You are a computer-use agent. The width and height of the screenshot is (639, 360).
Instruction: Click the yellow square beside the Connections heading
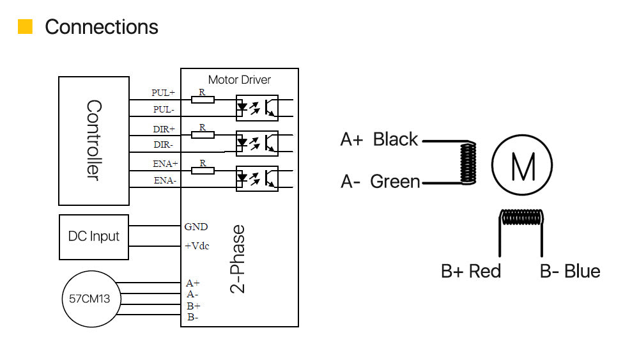tap(26, 26)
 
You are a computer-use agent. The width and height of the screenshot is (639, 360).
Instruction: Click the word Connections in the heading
tap(102, 27)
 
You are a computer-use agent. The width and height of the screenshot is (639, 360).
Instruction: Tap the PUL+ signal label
tap(163, 93)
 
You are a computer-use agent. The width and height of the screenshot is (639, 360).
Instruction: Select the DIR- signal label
tap(163, 145)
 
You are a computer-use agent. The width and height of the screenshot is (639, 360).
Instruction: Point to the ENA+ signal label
tap(165, 164)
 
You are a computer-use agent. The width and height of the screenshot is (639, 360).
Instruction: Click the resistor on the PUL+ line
tap(203, 100)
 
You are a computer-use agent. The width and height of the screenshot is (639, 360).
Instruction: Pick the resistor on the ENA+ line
tap(203, 171)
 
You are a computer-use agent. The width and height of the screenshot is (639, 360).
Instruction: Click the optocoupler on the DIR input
tap(257, 143)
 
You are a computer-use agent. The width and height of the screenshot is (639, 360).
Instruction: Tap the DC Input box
tap(94, 237)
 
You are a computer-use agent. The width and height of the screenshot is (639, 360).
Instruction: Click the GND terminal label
tap(196, 227)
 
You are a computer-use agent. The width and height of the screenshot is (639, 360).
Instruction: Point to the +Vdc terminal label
tap(197, 246)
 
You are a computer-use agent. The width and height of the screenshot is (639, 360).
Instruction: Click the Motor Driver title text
tap(239, 80)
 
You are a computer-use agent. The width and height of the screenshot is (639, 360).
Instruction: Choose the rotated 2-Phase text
tap(238, 259)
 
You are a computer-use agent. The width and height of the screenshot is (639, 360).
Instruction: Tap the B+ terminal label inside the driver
tap(194, 306)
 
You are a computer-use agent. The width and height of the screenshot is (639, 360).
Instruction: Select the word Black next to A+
tap(396, 139)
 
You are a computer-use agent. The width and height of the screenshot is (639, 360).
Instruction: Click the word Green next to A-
tap(395, 182)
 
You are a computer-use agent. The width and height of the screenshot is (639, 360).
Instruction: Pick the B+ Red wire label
tap(471, 271)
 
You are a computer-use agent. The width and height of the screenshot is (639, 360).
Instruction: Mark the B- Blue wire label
tap(570, 271)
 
